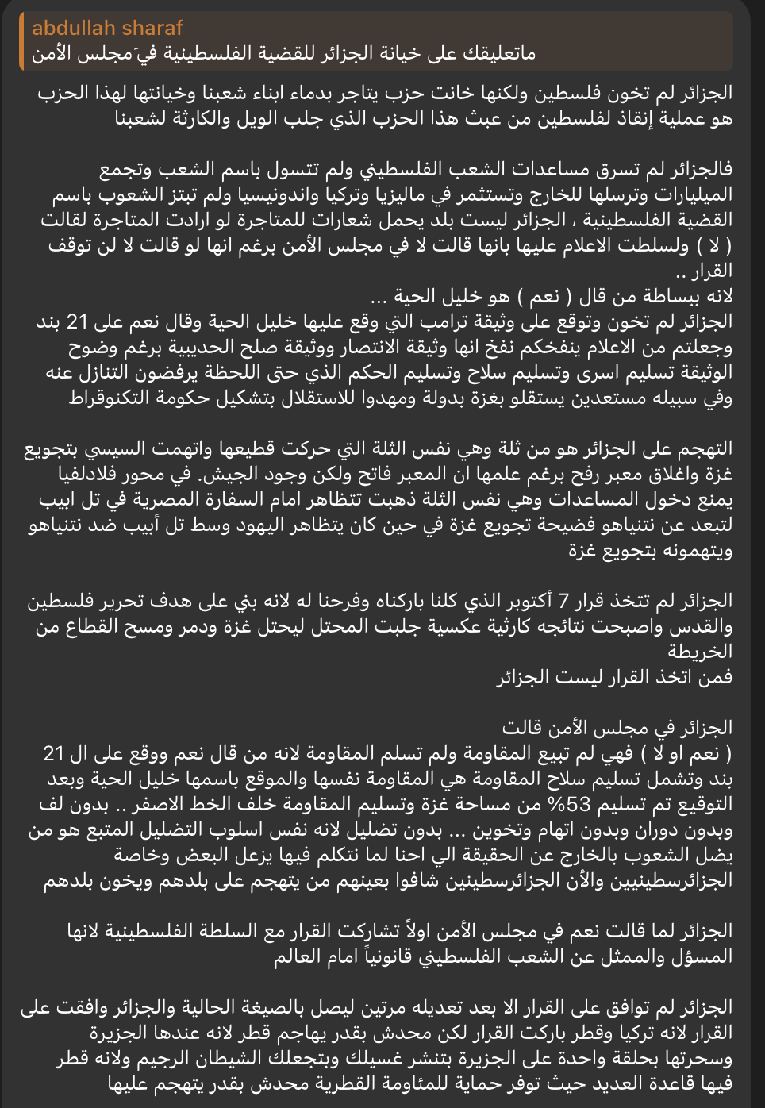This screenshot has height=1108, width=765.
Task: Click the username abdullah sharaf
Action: click(107, 29)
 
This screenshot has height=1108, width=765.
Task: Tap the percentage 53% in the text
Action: click(570, 804)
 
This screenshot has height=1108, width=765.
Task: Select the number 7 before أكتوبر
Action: click(563, 601)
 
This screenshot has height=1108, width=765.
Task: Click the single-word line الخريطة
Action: click(699, 652)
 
